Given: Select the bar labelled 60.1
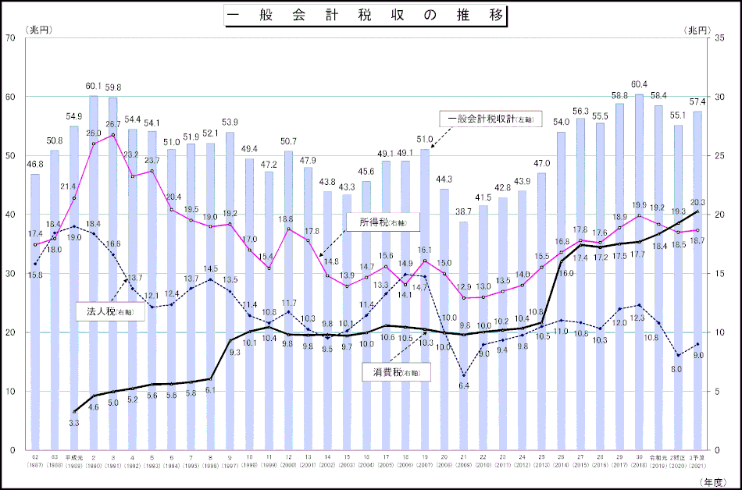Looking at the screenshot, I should [94, 273].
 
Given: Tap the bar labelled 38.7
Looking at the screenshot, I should [464, 336].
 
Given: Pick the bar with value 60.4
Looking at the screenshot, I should [639, 273].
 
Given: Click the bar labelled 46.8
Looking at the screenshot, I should [35, 312].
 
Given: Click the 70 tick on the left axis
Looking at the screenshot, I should [11, 37].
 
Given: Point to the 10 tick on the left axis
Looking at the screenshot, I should [11, 391].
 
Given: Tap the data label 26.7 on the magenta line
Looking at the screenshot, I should [112, 124].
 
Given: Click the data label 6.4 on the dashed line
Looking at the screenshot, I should [463, 385].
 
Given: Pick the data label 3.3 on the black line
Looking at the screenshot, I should [73, 422].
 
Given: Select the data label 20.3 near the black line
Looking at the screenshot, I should [697, 202].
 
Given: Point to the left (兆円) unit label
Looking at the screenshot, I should [37, 29].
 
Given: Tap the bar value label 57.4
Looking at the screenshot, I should [697, 102].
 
